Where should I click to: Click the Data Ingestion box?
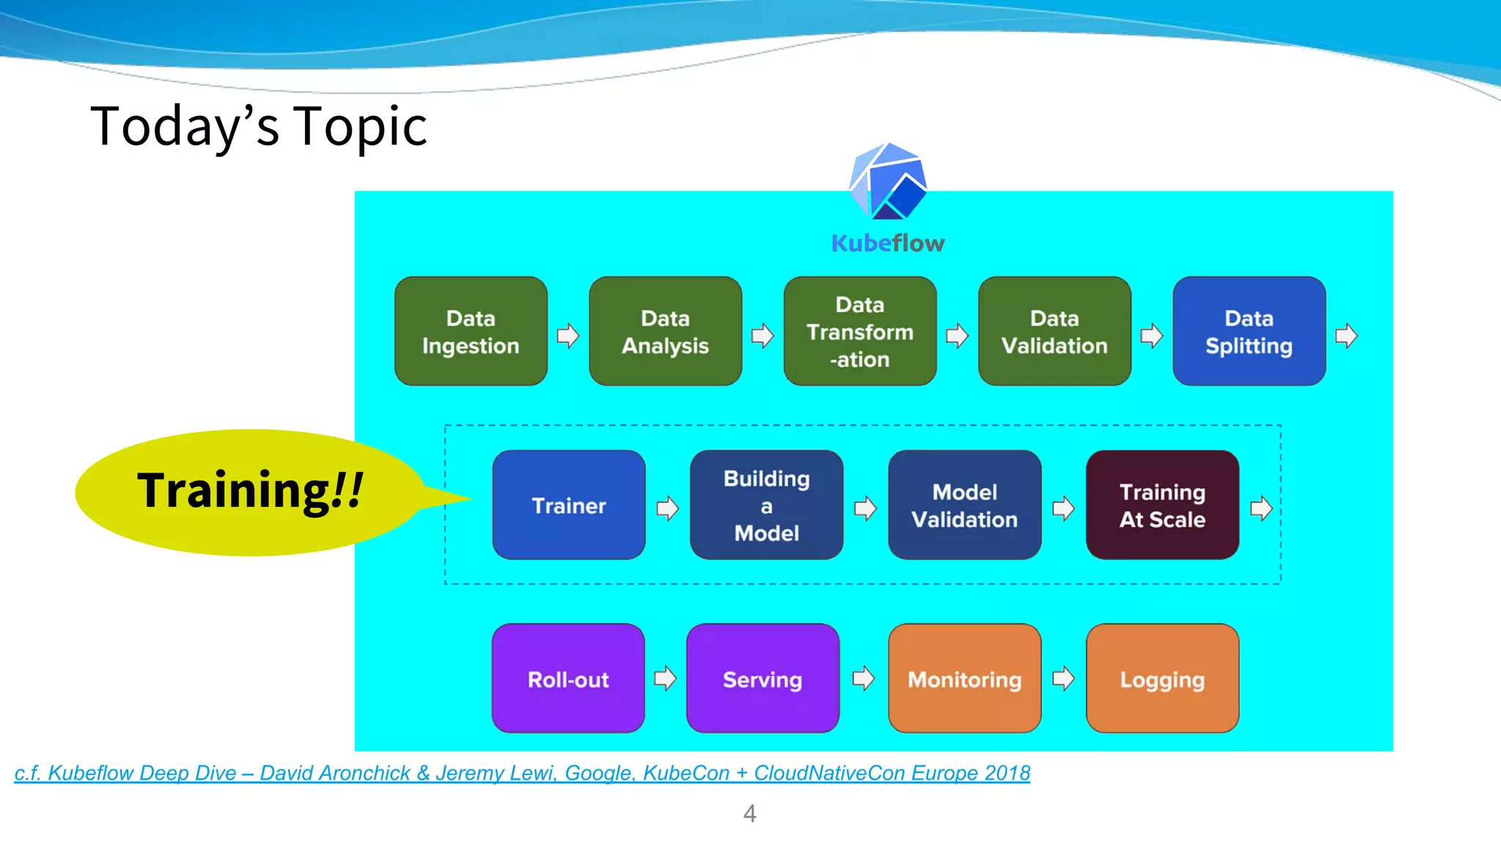tap(471, 331)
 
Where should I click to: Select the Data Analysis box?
tap(665, 331)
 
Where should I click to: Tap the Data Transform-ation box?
tap(860, 331)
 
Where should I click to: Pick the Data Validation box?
tap(1054, 331)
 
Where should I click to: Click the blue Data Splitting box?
tap(1249, 331)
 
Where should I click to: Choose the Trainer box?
tap(569, 506)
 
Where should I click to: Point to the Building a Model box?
tap(766, 506)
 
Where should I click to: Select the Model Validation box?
tap(964, 506)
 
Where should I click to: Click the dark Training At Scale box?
tap(1162, 506)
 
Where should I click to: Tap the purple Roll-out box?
tap(568, 679)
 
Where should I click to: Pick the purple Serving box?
tap(762, 679)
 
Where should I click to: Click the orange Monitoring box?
tap(964, 679)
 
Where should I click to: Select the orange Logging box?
tap(1162, 679)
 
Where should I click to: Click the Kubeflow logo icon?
tap(888, 182)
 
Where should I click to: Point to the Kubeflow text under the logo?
tap(888, 243)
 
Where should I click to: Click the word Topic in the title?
tap(360, 127)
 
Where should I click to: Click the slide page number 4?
tap(749, 813)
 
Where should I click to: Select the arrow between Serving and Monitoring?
tap(863, 678)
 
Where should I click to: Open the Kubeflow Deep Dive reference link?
tap(522, 773)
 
